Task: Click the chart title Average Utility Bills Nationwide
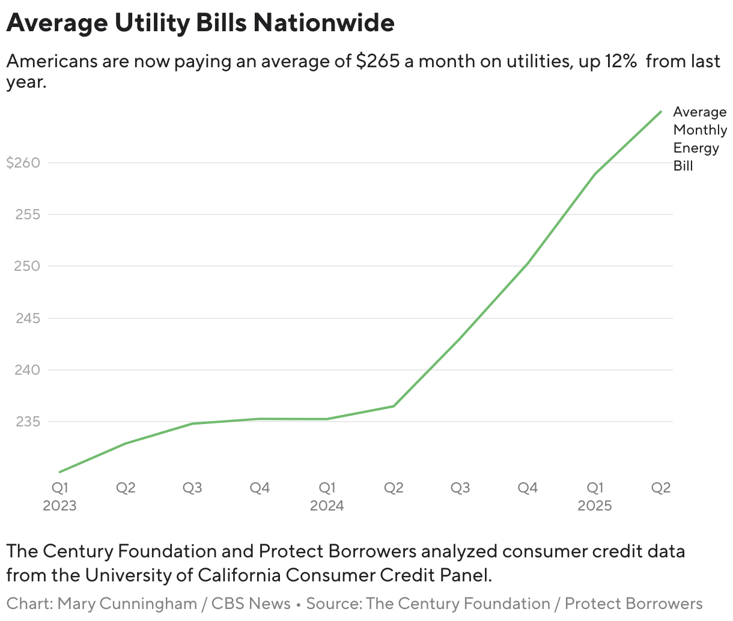[200, 23]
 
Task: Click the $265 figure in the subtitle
[377, 61]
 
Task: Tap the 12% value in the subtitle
[618, 61]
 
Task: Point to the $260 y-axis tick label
[23, 163]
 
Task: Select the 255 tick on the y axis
[27, 214]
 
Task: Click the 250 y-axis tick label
[27, 266]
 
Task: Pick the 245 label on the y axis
[27, 318]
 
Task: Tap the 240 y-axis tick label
[27, 370]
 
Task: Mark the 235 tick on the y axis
[27, 422]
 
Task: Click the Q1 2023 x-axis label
[59, 496]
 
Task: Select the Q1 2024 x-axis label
[327, 496]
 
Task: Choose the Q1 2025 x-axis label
[595, 496]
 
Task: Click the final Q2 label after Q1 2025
[661, 488]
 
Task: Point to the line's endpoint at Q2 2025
[661, 112]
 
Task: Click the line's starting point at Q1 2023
[59, 472]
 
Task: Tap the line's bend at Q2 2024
[394, 406]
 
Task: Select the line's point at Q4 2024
[528, 263]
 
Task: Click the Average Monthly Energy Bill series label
[699, 139]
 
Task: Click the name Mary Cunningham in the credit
[127, 604]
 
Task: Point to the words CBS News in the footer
[251, 604]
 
